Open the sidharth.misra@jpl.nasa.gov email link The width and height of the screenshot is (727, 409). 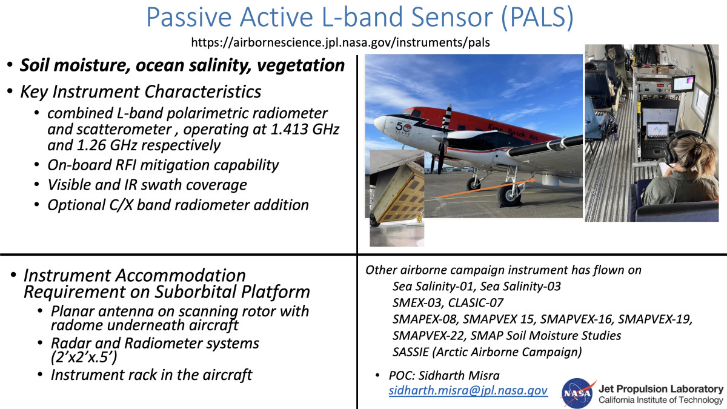click(468, 390)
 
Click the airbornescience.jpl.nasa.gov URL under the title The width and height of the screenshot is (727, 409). click(340, 42)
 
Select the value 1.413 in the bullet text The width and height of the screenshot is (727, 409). click(288, 129)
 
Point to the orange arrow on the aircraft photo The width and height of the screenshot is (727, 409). click(487, 188)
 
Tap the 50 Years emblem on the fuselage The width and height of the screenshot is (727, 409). click(403, 128)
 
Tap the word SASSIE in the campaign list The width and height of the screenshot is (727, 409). click(411, 352)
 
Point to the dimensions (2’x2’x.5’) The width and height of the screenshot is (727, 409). click(84, 357)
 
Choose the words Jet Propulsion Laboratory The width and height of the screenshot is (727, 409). click(661, 389)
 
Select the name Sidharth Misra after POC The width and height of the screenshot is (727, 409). click(459, 376)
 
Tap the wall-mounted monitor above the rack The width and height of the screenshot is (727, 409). click(683, 84)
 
